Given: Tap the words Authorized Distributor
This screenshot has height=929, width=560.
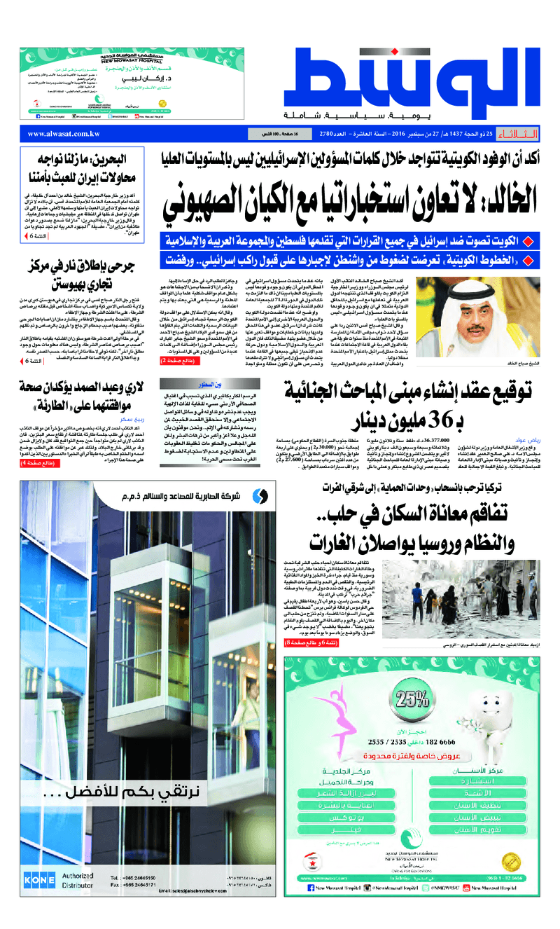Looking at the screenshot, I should pyautogui.click(x=78, y=881).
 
